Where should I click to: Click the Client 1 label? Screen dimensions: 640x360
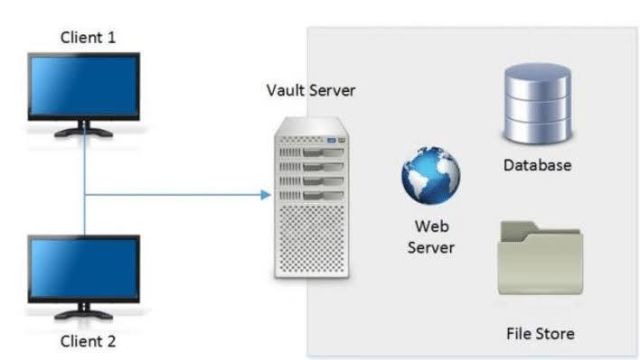(88, 38)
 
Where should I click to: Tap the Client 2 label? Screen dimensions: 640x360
(88, 341)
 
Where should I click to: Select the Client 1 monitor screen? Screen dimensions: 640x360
(84, 86)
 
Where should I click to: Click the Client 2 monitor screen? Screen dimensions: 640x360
(84, 268)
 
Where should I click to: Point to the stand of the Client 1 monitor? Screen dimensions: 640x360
(84, 129)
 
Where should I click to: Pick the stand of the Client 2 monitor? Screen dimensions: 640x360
(84, 311)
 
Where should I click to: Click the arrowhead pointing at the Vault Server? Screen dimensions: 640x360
(266, 195)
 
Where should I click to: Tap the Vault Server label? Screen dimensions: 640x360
(311, 90)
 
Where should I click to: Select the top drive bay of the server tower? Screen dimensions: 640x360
(312, 152)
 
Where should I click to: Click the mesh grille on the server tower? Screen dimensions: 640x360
(312, 238)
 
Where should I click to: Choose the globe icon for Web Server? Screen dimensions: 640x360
(431, 175)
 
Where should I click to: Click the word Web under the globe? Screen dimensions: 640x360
(432, 226)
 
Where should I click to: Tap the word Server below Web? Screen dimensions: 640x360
(431, 248)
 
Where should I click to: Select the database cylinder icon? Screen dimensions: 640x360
(538, 104)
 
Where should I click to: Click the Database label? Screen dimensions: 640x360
(537, 165)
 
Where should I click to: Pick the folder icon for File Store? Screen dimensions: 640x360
(540, 258)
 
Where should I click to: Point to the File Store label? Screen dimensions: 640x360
(540, 334)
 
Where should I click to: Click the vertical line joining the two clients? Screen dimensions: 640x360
(84, 180)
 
